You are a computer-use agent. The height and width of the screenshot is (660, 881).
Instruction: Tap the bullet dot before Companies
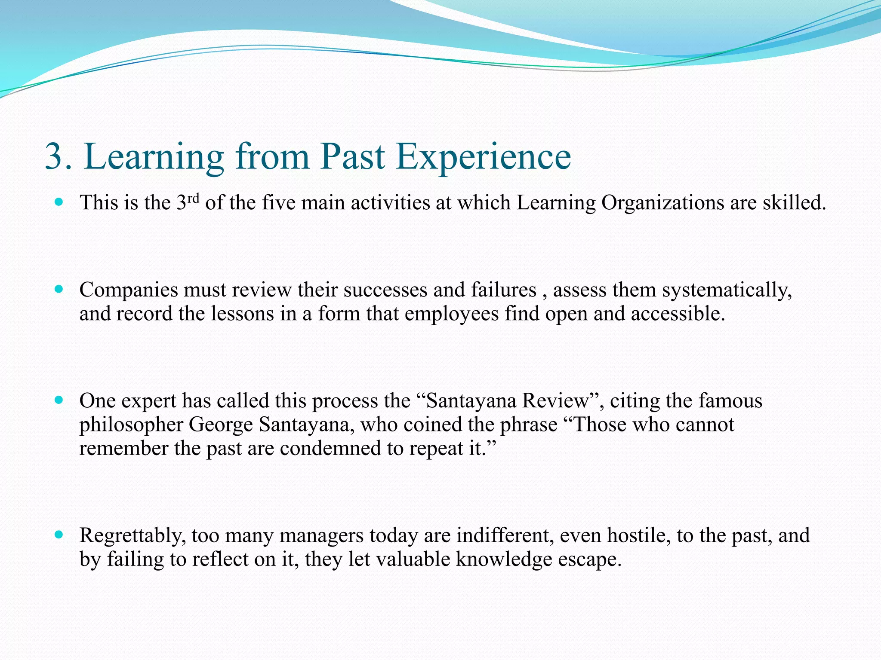[59, 289]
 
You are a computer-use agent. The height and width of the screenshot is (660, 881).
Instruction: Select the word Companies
[129, 290]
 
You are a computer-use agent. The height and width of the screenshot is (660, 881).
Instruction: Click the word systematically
[727, 290]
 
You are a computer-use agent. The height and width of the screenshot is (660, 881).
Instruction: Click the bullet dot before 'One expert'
[59, 400]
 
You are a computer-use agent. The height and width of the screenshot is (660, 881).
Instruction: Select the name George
[221, 425]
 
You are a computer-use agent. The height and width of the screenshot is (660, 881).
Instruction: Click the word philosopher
[131, 425]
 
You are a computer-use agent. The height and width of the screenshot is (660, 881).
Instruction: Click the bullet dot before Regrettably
[59, 535]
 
